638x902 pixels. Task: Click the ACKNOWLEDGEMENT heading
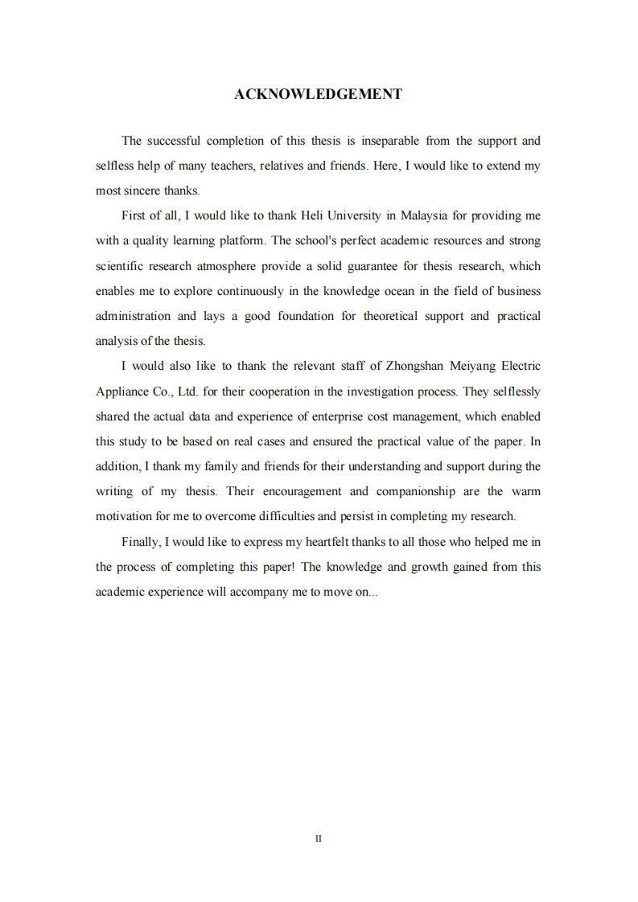(x=318, y=94)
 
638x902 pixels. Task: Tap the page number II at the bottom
(x=319, y=838)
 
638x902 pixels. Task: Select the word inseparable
(x=390, y=141)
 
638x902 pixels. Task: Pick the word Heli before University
(x=311, y=215)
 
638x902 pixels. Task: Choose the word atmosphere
(x=232, y=266)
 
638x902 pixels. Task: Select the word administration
(x=133, y=316)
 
